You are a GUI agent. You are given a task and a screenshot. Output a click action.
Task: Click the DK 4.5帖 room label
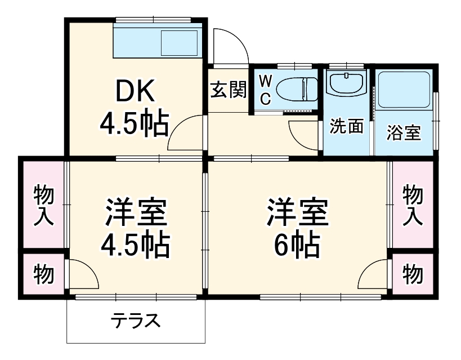134,108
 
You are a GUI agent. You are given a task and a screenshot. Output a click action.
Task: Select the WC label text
266,90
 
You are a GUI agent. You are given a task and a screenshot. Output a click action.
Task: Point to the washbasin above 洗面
345,85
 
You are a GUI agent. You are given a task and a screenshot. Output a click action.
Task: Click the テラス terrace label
135,321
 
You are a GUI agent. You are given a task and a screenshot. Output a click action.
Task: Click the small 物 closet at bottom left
43,274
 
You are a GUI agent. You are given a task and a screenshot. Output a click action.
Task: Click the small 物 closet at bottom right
413,274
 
